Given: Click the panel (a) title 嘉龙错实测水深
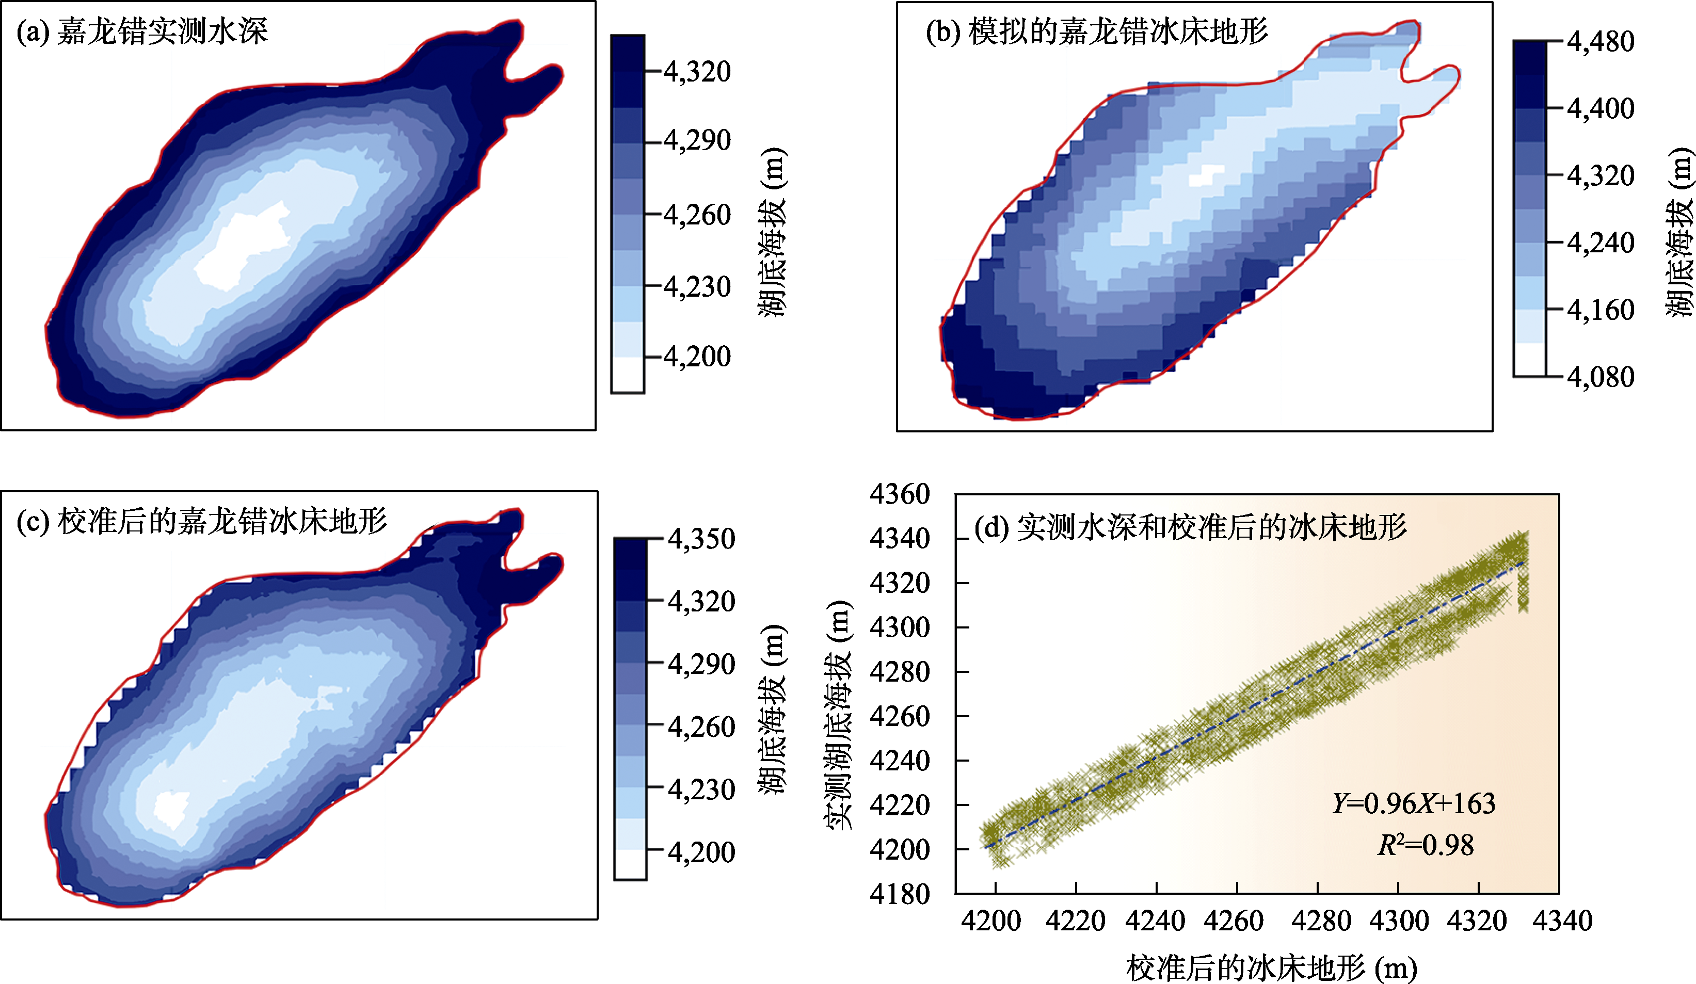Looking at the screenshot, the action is (163, 31).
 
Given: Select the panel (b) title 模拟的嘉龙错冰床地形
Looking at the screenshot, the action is (1118, 31).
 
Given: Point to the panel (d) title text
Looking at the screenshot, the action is (1191, 527).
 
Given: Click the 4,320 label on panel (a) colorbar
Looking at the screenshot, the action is (697, 71).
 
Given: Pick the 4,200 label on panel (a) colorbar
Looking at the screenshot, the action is (697, 356).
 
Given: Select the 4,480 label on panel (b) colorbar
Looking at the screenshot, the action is (1601, 42).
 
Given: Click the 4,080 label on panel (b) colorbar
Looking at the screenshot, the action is (1601, 377).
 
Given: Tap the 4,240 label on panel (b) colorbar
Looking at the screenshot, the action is (1601, 243).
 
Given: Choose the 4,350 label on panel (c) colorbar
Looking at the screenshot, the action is (701, 539).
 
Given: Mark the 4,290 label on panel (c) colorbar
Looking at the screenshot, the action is (701, 664).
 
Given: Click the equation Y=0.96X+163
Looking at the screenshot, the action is (1413, 803).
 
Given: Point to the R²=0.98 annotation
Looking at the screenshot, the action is (1426, 845).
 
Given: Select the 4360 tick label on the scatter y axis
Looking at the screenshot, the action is (900, 494).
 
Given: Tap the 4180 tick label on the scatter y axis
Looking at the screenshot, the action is (900, 894).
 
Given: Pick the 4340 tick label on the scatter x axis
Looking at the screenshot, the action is (1563, 921).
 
